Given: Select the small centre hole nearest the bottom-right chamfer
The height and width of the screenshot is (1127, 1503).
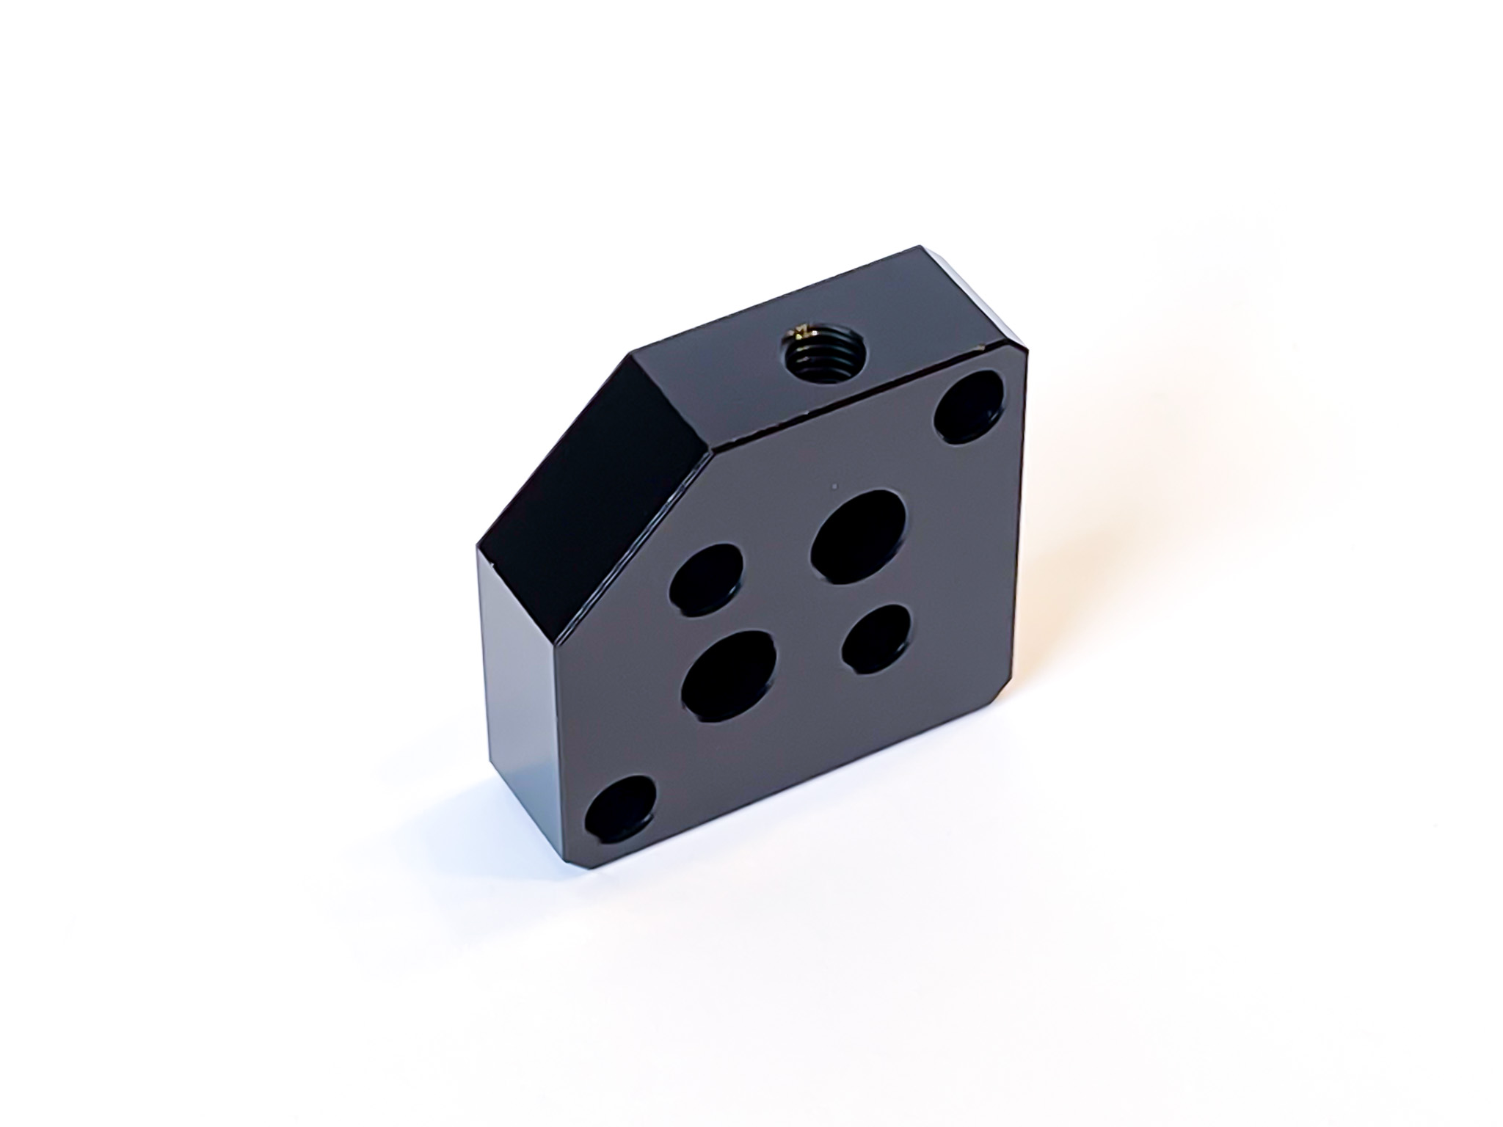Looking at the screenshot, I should click(x=878, y=637).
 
